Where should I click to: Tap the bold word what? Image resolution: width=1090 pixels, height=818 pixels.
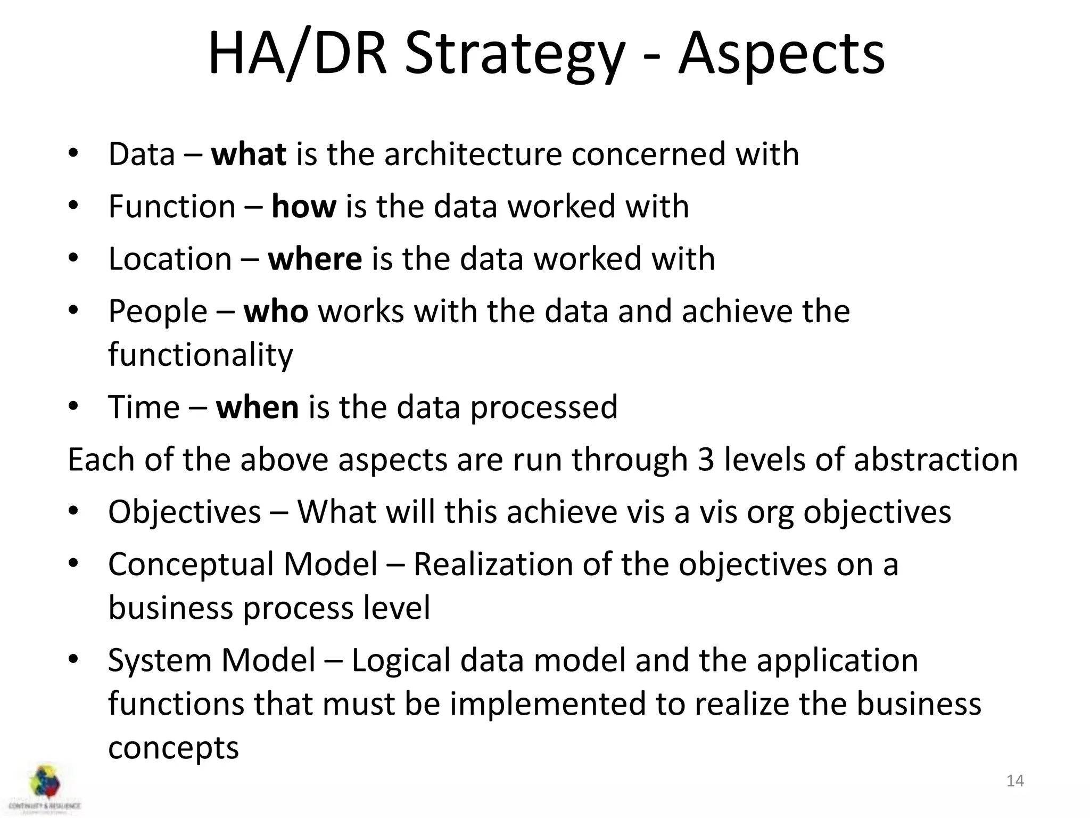249,154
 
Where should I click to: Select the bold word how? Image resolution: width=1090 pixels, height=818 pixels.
304,207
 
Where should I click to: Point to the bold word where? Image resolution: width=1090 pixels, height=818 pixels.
315,259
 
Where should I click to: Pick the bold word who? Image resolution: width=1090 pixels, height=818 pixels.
276,312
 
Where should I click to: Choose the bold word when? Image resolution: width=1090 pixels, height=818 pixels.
257,407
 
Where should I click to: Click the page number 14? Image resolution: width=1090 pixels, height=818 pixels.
1015,781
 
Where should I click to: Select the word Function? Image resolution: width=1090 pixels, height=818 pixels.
172,207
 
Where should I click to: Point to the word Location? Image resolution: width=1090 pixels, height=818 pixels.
170,259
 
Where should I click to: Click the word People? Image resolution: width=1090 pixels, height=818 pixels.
158,312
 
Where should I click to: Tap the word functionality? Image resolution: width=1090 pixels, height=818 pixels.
201,355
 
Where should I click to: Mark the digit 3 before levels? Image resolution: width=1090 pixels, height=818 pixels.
705,459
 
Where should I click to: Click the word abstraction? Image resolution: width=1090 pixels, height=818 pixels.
936,459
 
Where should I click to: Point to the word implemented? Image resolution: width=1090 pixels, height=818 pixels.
548,704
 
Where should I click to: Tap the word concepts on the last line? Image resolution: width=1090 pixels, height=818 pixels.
174,748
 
